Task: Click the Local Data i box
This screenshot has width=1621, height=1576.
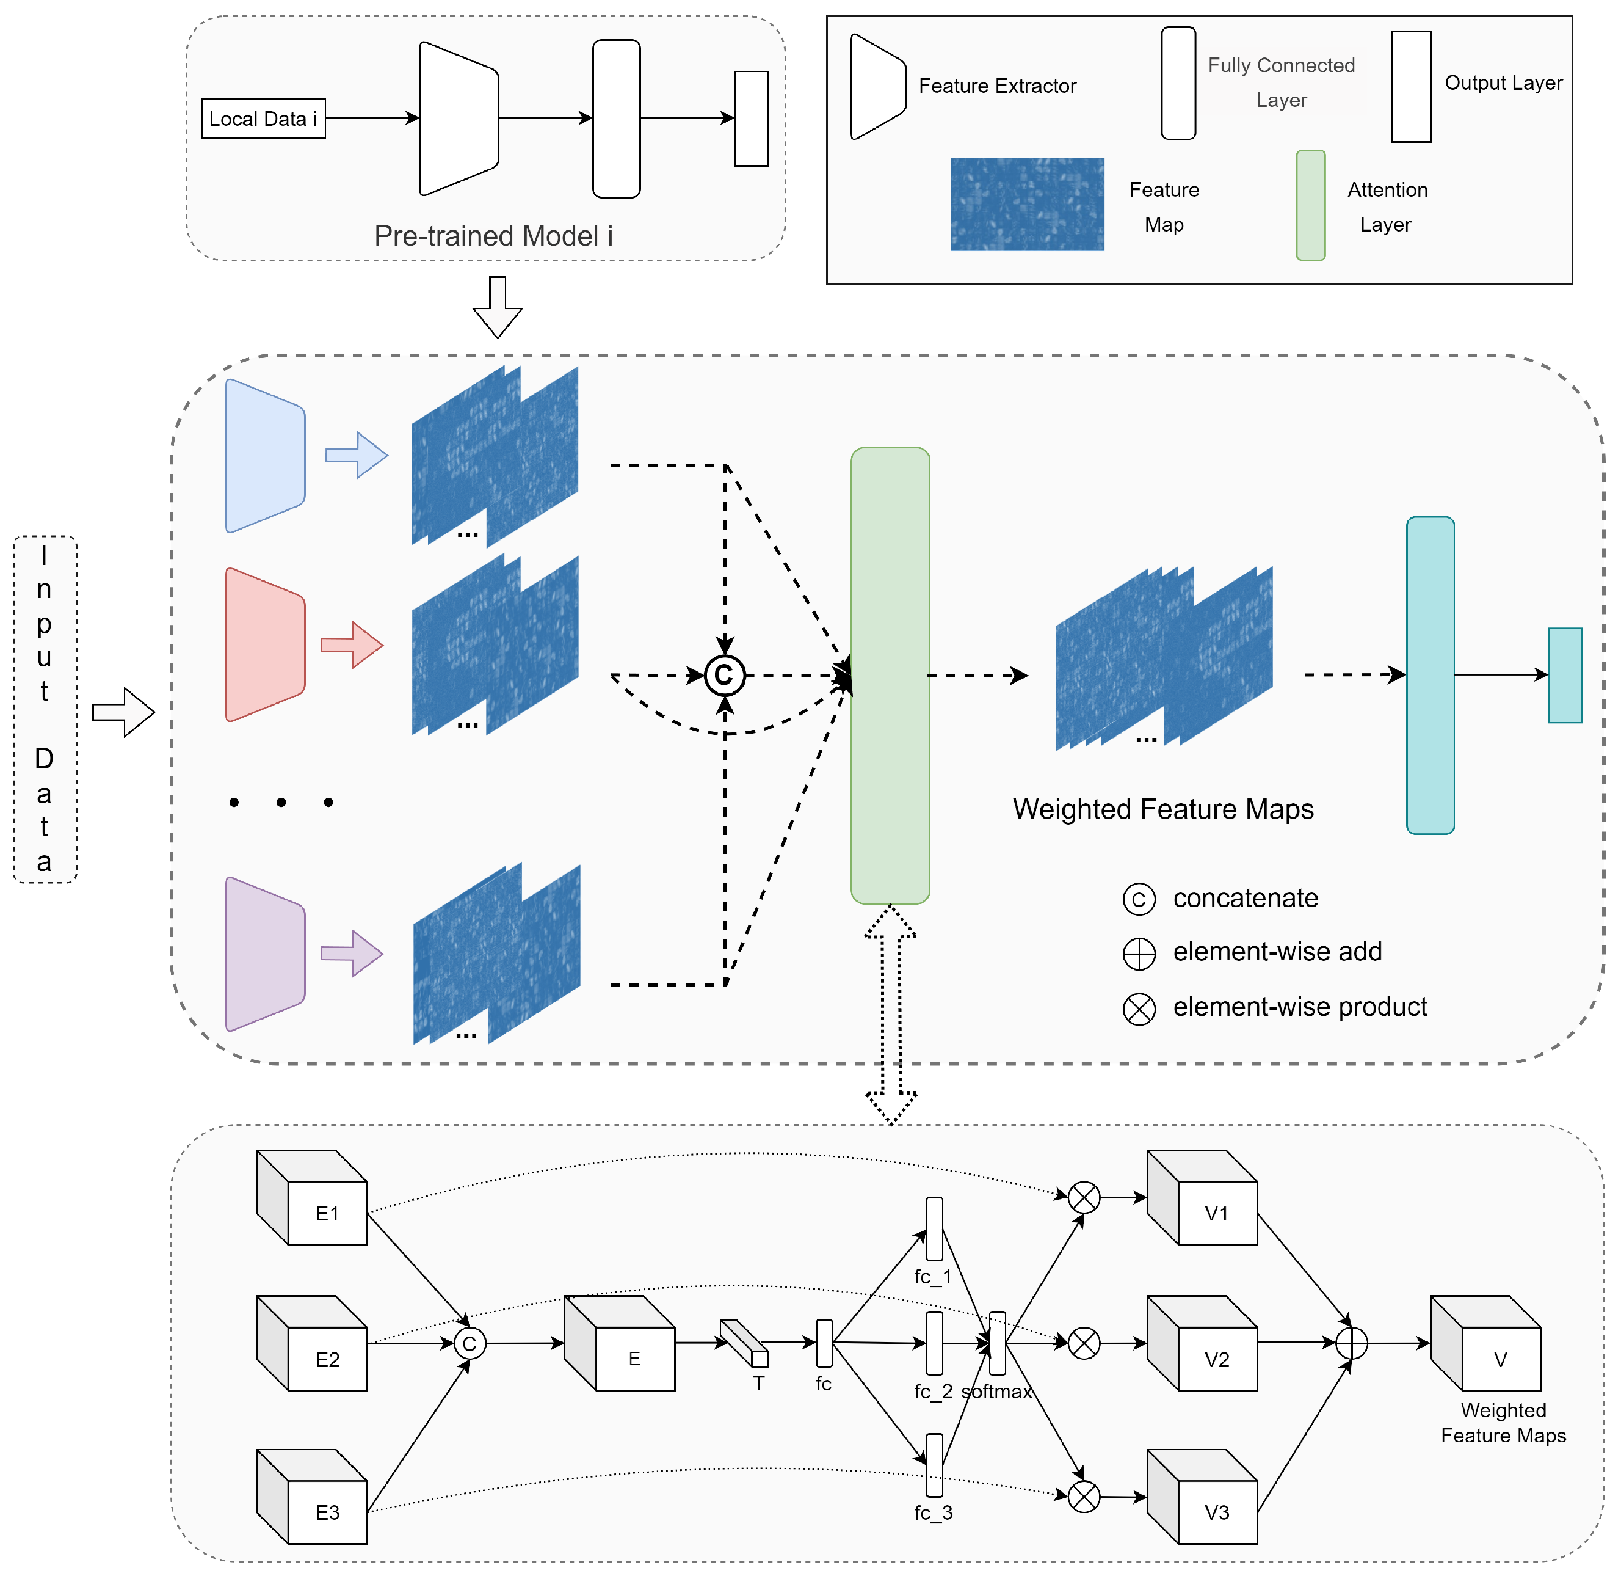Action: click(x=263, y=119)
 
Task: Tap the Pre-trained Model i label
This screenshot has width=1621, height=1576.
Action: click(x=493, y=236)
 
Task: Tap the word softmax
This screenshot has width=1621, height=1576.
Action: click(x=996, y=1392)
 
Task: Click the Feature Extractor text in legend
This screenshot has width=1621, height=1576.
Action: click(x=997, y=86)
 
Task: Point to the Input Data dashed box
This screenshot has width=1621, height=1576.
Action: click(x=45, y=709)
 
